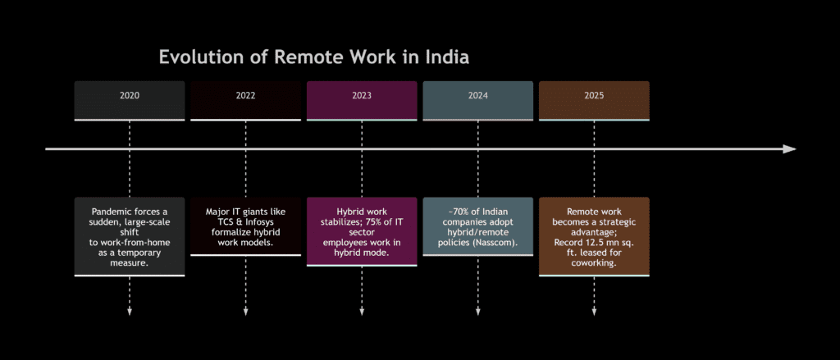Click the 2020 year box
(129, 96)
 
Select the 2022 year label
(245, 96)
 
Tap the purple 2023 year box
(362, 96)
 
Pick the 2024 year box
(477, 96)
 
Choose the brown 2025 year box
(594, 96)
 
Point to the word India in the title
(446, 58)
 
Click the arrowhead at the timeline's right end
(789, 149)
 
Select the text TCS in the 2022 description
(217, 222)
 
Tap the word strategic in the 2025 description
(612, 222)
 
